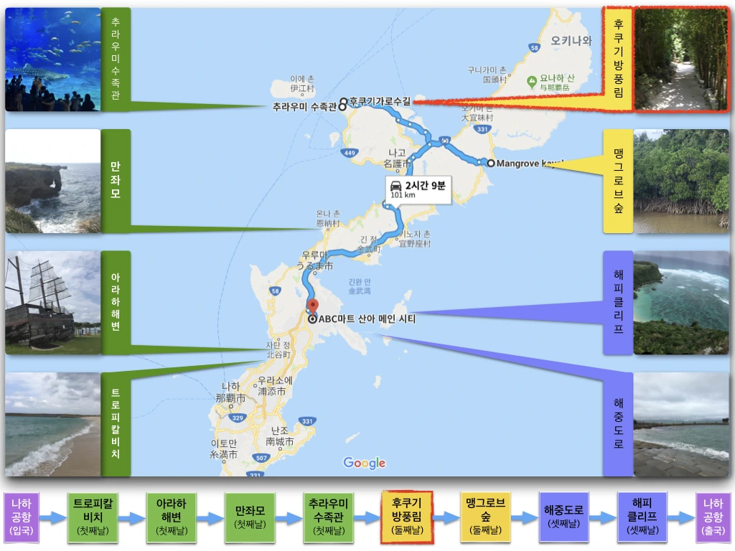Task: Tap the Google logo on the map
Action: (364, 463)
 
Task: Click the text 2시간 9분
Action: (426, 185)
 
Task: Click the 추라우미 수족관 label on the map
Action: (304, 107)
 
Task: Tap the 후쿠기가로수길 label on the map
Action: (380, 100)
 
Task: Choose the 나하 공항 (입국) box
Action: (22, 517)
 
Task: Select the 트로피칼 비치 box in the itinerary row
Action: (93, 517)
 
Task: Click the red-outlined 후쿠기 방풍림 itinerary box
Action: (407, 517)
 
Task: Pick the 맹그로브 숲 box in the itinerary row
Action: (486, 517)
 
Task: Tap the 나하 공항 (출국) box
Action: (713, 517)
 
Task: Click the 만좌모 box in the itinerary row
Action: (250, 517)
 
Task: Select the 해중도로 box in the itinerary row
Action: (564, 517)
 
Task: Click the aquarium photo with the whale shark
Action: (52, 60)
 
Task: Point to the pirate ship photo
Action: (52, 303)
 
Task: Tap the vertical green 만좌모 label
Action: (116, 181)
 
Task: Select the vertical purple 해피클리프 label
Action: (618, 303)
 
